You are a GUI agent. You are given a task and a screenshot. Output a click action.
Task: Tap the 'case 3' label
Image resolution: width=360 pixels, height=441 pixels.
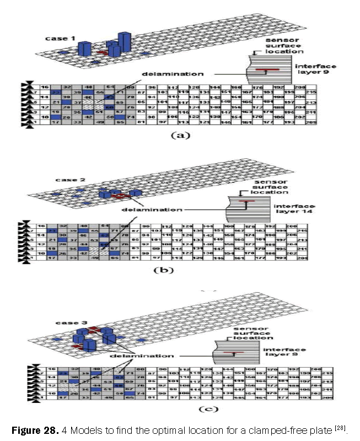(x=66, y=321)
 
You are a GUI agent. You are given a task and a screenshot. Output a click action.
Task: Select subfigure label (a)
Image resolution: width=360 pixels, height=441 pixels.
(x=180, y=134)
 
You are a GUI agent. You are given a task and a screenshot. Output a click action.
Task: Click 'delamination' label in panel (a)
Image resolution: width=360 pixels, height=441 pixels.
(x=165, y=73)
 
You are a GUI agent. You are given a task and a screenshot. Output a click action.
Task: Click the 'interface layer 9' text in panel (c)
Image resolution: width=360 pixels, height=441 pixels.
(x=283, y=353)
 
